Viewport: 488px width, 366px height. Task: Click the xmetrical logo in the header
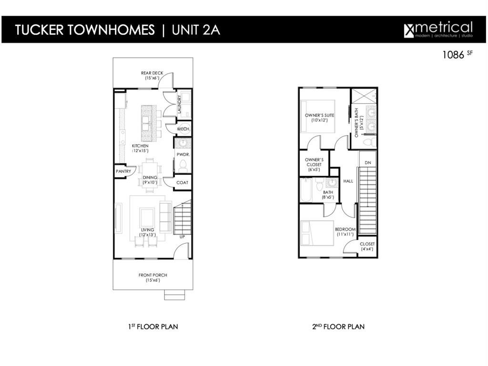tap(438, 29)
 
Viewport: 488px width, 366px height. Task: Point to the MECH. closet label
tap(183, 129)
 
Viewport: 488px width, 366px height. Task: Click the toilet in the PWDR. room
tap(183, 165)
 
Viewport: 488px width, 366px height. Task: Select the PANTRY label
tap(123, 172)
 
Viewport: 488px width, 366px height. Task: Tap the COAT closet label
tap(182, 183)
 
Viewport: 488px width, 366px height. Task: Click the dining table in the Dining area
tap(150, 174)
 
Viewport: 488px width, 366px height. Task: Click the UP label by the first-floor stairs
tap(182, 237)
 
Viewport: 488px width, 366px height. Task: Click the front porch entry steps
tap(174, 295)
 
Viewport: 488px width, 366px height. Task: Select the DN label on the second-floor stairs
tap(367, 163)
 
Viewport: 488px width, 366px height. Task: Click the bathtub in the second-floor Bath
tap(306, 190)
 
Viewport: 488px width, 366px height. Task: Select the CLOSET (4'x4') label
tap(367, 246)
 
